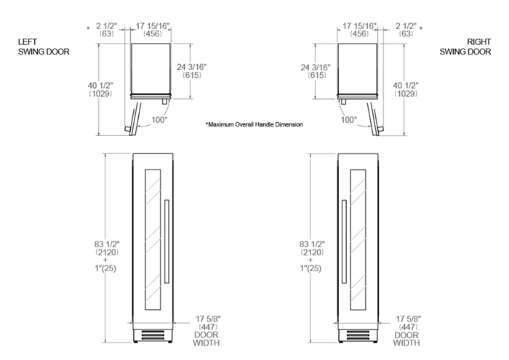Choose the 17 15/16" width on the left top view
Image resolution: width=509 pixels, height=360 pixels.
(x=153, y=30)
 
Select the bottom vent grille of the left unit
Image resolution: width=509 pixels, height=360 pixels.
(x=153, y=336)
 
